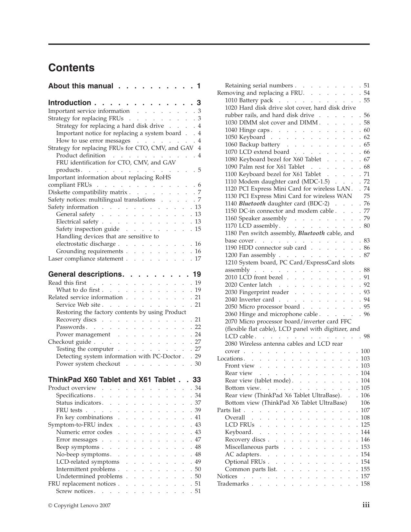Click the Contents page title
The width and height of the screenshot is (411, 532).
click(71, 68)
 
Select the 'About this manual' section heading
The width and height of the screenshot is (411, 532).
click(81, 86)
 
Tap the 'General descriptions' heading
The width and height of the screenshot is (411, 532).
click(86, 274)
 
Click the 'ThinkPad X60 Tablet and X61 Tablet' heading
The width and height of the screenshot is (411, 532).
click(112, 379)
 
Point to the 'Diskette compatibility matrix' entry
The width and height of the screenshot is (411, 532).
click(88, 192)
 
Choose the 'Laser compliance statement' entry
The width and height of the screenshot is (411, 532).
click(85, 259)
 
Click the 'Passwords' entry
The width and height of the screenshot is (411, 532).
click(71, 327)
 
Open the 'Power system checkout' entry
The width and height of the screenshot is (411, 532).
click(88, 364)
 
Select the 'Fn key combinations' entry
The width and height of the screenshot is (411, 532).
click(84, 417)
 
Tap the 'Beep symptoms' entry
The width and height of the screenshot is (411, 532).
click(78, 447)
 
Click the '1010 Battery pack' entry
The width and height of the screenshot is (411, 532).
click(249, 100)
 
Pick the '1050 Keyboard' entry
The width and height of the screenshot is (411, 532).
click(245, 137)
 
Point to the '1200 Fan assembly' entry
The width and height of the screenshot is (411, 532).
click(250, 255)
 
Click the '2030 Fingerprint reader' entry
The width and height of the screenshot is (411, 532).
click(257, 292)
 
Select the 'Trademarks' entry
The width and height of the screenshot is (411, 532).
click(233, 484)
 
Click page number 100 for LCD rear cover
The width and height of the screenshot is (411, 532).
click(365, 351)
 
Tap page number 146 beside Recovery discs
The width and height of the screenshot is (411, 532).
click(365, 439)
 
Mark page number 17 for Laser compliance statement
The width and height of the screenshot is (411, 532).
click(198, 259)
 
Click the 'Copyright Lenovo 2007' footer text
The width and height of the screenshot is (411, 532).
click(79, 506)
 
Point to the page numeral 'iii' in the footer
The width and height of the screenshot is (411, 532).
click(366, 505)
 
